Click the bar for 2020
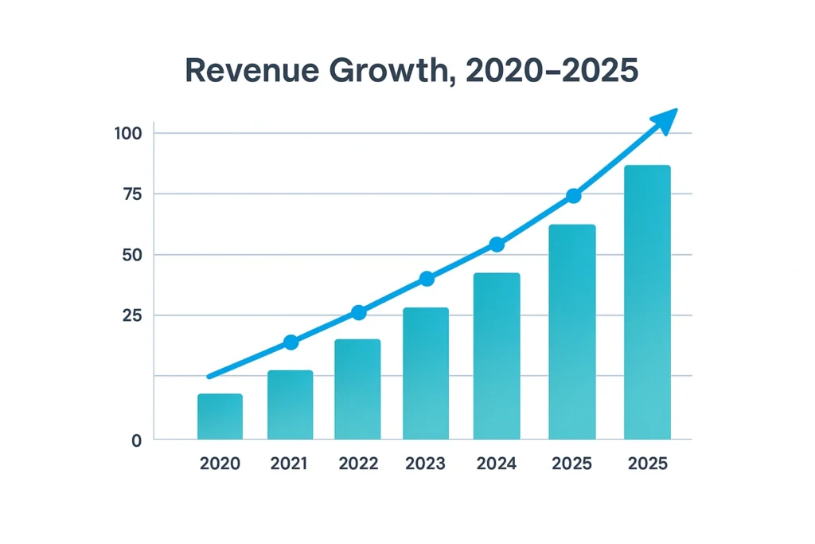coord(220,417)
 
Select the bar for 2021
coord(290,405)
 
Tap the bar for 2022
coord(357,389)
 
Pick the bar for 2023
coord(426,374)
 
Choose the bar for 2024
coord(497,356)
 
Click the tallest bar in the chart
coord(647,303)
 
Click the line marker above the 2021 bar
coord(291,342)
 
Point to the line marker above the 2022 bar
coord(359,313)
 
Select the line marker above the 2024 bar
coord(497,245)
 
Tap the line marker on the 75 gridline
coord(573,196)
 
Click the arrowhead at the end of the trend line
coord(665,120)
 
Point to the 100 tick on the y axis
coord(128,133)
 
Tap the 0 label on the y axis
coord(136,440)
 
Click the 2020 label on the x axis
coord(220,464)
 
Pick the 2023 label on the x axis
coord(426,464)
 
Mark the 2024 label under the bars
coord(497,464)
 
